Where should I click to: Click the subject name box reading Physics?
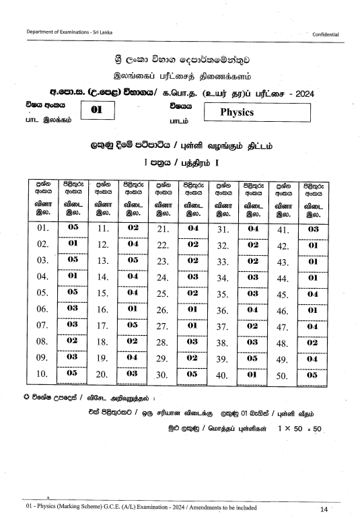point(256,112)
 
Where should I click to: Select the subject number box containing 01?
point(95,110)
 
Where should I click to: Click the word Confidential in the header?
point(325,34)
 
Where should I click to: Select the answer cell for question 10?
point(73,373)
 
